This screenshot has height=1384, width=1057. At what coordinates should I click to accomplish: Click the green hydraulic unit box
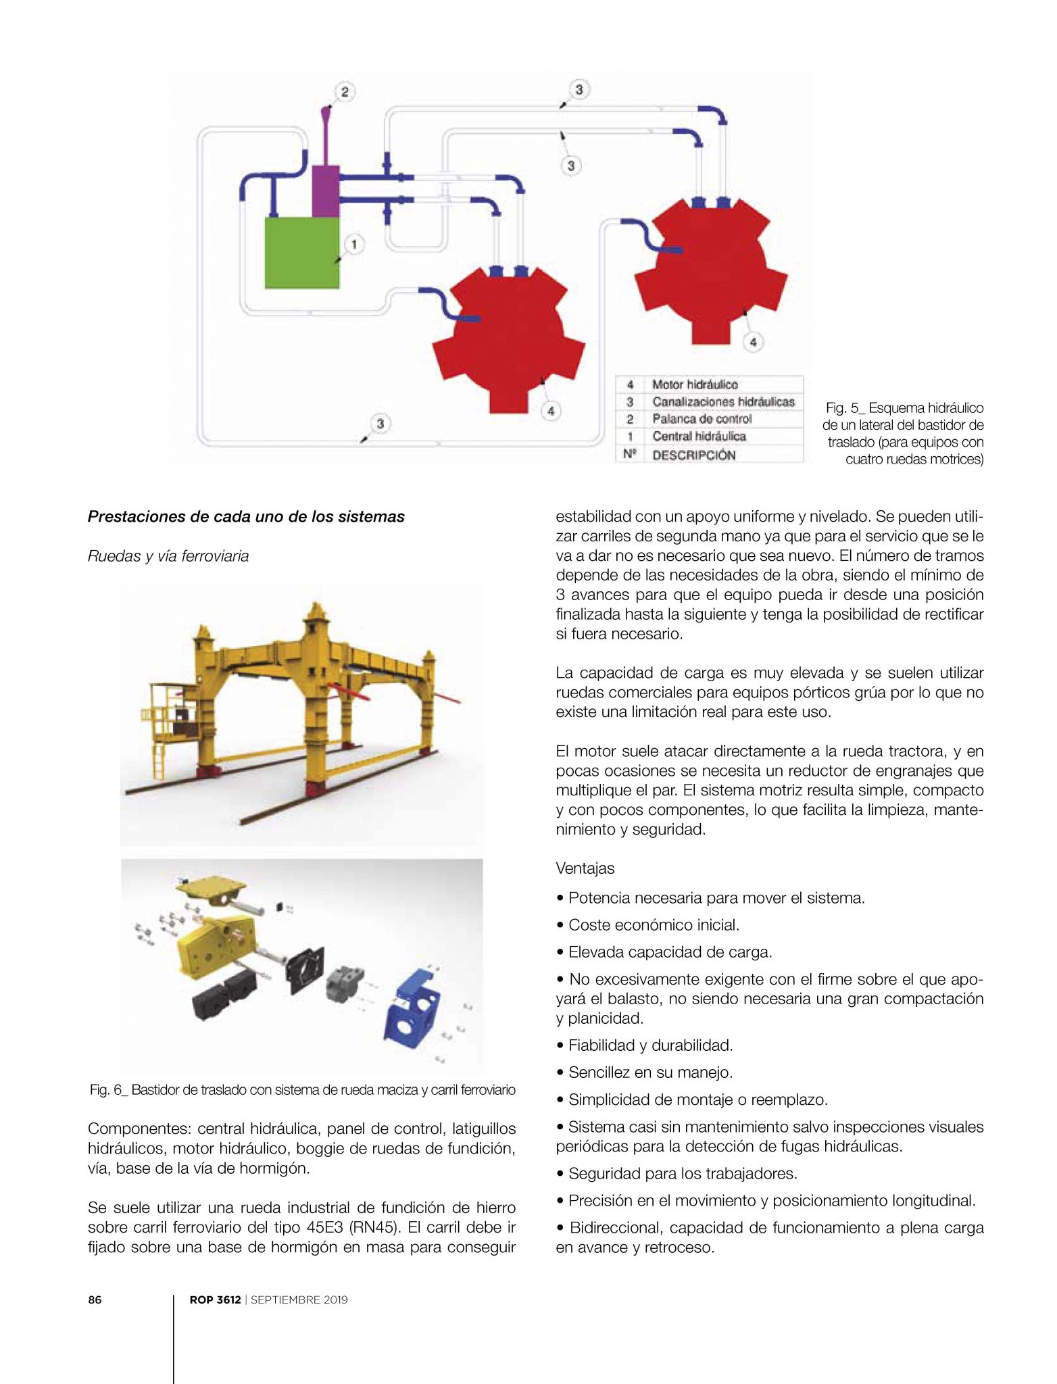click(301, 253)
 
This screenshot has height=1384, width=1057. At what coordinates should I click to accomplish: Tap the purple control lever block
click(326, 191)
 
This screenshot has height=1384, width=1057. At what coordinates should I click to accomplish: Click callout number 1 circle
click(354, 245)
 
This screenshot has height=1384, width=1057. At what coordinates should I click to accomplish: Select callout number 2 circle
click(345, 92)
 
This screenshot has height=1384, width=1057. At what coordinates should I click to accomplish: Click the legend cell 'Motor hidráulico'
click(695, 385)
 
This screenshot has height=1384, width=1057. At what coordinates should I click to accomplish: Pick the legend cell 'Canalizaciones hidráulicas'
click(723, 402)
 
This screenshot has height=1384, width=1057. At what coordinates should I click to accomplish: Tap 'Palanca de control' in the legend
click(702, 419)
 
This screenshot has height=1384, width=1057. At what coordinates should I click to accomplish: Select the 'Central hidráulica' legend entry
click(699, 437)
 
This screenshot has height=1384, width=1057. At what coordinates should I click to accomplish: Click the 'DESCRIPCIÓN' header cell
click(694, 455)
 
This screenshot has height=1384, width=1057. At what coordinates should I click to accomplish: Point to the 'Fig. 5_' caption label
click(844, 408)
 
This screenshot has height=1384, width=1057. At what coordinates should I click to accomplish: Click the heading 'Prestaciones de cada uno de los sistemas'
click(246, 517)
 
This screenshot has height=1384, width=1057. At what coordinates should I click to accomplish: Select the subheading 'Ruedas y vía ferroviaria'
click(168, 556)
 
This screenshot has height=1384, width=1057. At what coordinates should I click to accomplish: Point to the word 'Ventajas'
click(585, 868)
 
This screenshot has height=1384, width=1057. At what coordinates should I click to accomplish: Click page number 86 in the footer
click(95, 1300)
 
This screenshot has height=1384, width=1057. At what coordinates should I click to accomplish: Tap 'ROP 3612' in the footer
click(215, 1300)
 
